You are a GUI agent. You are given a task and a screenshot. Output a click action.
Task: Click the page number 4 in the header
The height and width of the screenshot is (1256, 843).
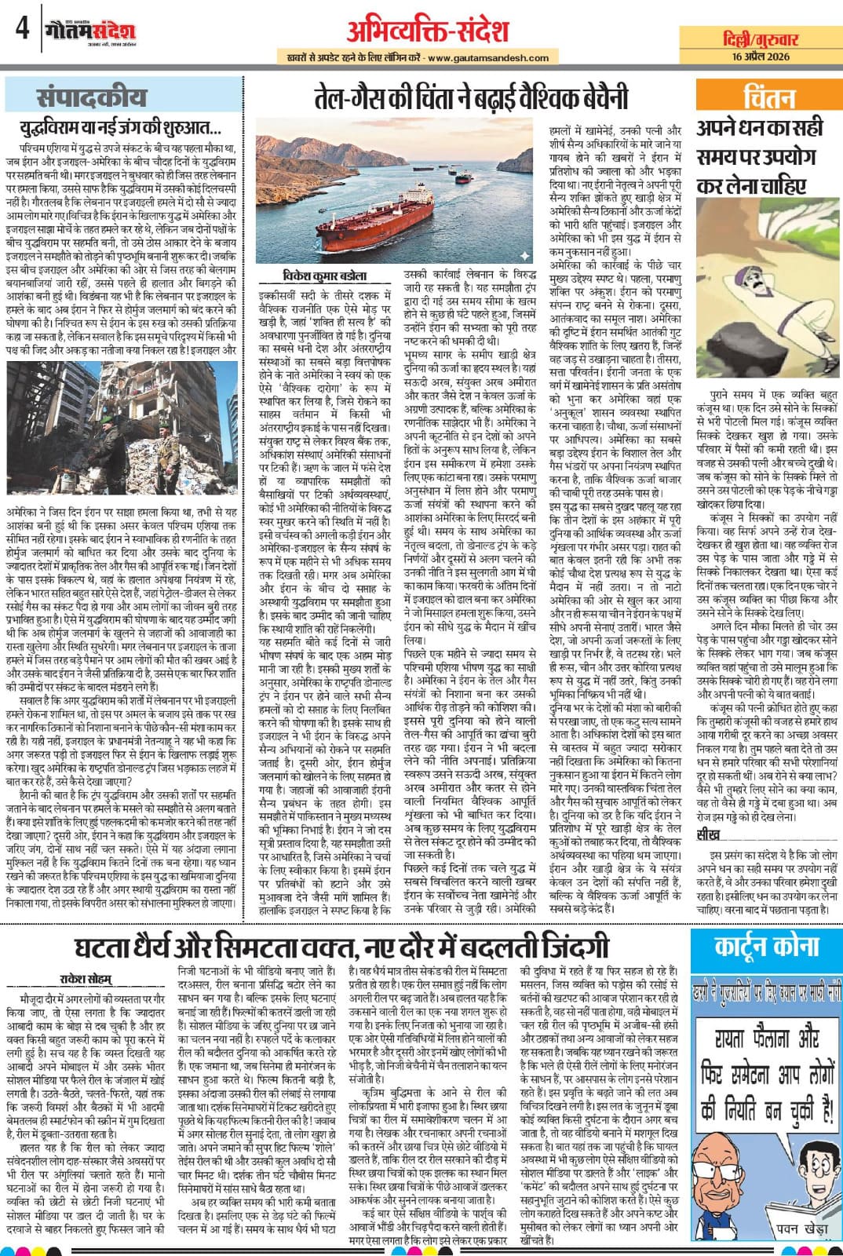[21, 30]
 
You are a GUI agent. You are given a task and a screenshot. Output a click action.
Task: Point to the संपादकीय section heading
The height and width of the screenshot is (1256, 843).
[92, 98]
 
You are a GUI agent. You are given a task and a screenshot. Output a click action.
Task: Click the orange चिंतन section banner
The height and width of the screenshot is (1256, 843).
[768, 98]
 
